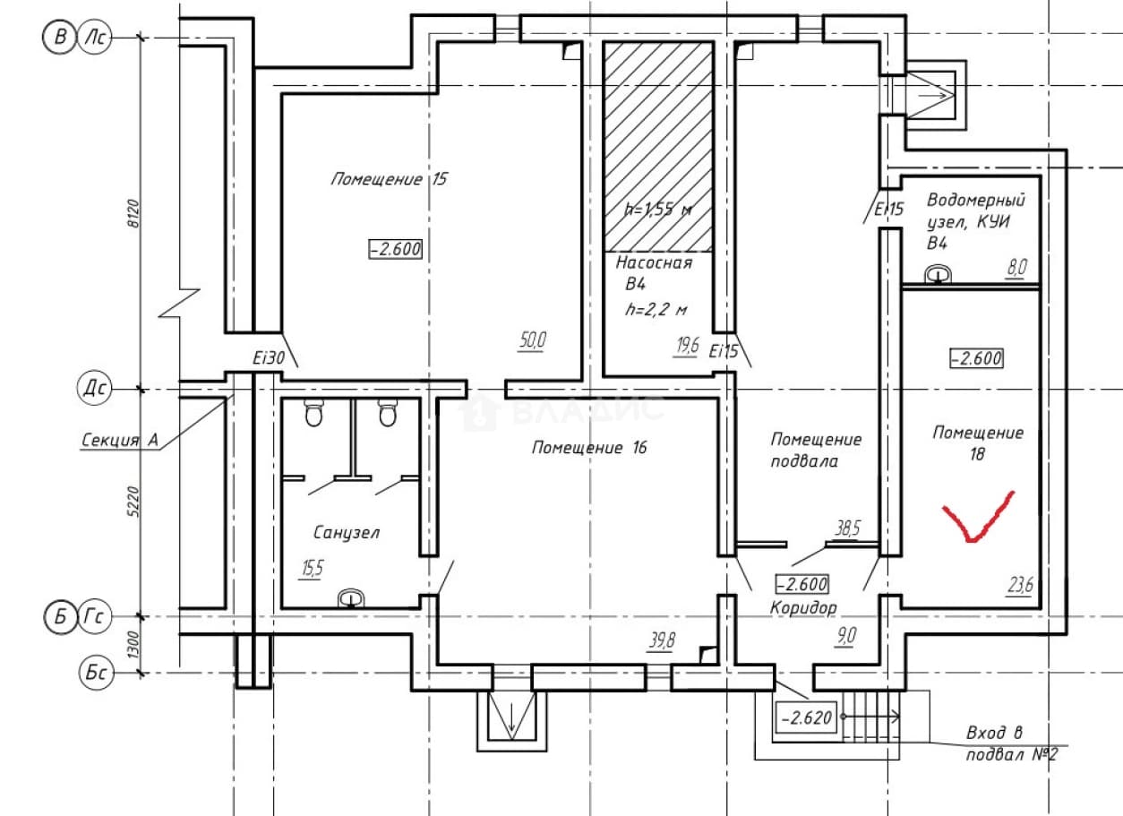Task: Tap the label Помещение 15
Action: (x=389, y=179)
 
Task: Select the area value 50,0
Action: (x=533, y=340)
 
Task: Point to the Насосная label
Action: (x=654, y=262)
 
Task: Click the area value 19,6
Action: (x=686, y=346)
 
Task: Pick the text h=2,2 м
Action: (x=656, y=309)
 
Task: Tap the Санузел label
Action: (x=347, y=532)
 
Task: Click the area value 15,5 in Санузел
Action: (x=312, y=569)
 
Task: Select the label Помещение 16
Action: (x=589, y=447)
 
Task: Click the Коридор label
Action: (x=803, y=608)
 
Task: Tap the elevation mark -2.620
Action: (x=807, y=718)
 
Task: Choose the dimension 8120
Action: (x=133, y=214)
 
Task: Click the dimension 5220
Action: (x=133, y=501)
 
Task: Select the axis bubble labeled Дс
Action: (x=95, y=388)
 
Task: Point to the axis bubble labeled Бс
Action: (x=96, y=673)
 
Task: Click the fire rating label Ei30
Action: (x=269, y=357)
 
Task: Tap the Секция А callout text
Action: (x=120, y=440)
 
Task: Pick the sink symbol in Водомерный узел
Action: (x=937, y=274)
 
